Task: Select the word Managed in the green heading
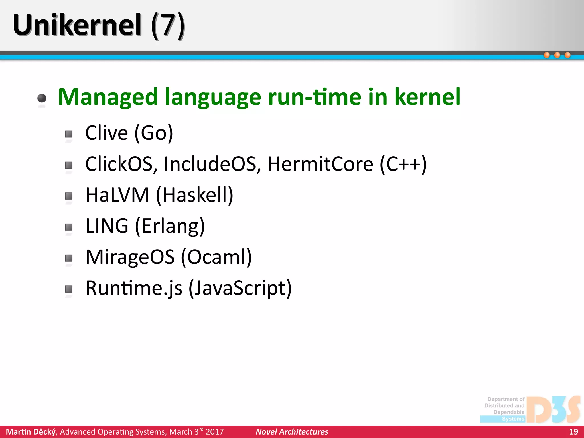click(x=108, y=97)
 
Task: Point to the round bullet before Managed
click(x=42, y=98)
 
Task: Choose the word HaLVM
click(x=117, y=195)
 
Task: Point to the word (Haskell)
click(x=195, y=195)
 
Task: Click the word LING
click(x=107, y=226)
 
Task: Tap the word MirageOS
click(x=130, y=257)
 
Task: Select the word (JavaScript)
click(x=240, y=288)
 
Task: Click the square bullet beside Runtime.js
click(x=69, y=289)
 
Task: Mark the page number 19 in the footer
click(x=573, y=432)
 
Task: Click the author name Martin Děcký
click(x=31, y=432)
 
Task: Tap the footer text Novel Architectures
click(x=292, y=432)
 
